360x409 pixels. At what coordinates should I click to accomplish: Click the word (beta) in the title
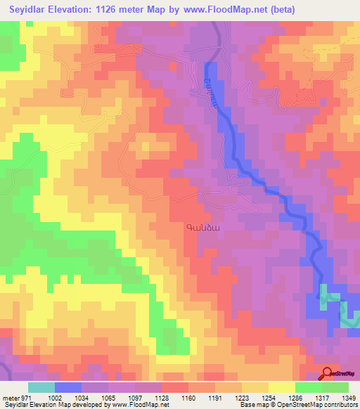point(281,9)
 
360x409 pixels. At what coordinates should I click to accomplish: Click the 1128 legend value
point(162,398)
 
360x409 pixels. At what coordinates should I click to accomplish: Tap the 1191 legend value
point(228,398)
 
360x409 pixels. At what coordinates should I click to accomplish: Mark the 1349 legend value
point(347,398)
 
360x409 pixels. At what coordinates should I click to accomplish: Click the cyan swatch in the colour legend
point(41,387)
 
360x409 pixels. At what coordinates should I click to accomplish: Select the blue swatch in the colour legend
point(68,387)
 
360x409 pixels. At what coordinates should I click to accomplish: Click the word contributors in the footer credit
point(341,405)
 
